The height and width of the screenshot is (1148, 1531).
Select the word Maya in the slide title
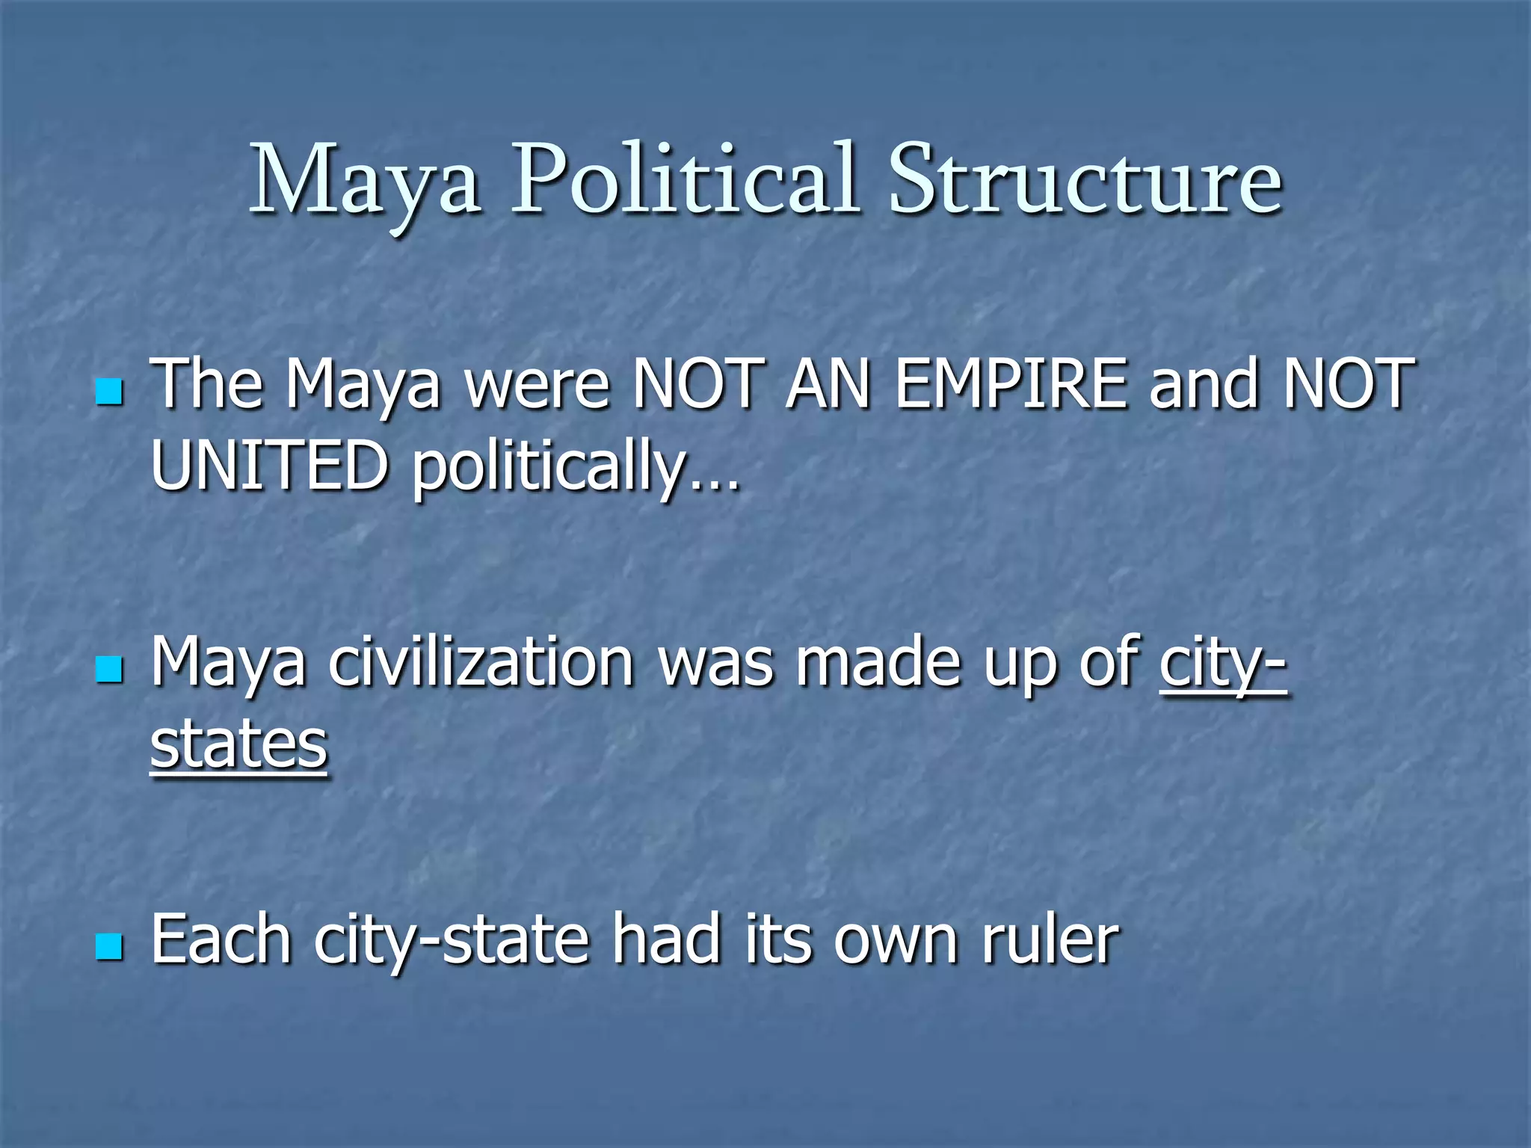click(365, 183)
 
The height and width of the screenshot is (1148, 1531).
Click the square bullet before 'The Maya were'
click(109, 392)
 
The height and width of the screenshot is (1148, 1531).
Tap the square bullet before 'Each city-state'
click(109, 947)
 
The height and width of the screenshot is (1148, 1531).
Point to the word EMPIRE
click(1011, 385)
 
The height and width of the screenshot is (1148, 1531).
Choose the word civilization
click(481, 662)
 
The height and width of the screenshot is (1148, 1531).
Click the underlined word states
click(238, 745)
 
